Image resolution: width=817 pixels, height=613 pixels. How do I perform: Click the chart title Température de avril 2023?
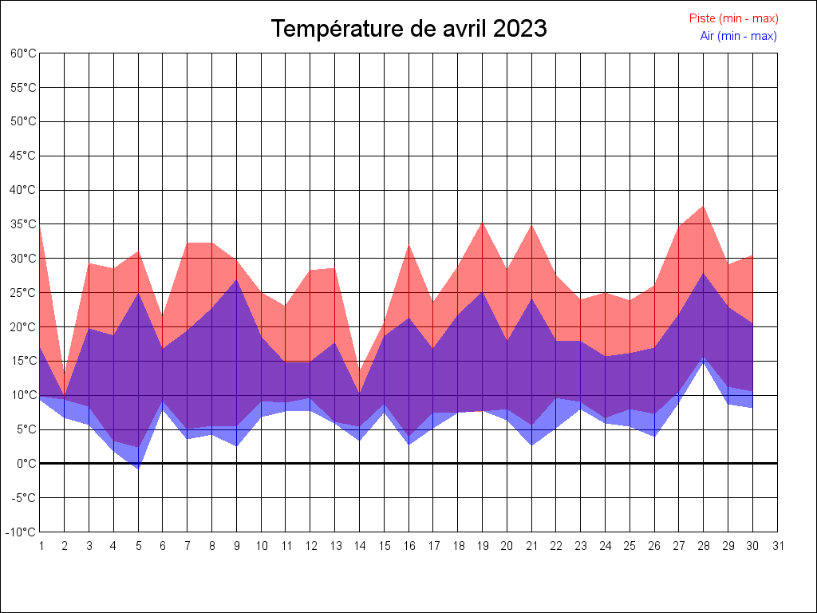408,29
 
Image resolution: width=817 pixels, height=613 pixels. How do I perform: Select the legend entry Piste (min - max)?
733,18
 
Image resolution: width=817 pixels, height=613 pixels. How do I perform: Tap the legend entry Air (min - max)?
738,36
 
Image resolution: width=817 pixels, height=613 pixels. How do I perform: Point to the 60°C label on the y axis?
23,53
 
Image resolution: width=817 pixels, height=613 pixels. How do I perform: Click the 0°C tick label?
26,464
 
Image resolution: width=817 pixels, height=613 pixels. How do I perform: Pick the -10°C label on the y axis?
22,532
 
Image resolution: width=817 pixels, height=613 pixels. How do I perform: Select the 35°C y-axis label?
23,224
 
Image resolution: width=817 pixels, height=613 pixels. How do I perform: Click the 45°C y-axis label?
23,156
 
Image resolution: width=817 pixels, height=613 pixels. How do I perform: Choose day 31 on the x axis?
778,546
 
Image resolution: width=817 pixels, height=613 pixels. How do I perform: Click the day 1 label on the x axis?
40,546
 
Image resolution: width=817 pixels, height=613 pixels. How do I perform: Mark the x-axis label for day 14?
360,546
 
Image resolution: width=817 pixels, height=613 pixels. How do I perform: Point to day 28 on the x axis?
704,546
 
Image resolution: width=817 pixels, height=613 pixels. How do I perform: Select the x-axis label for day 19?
483,546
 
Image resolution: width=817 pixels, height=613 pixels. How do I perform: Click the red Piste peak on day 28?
704,206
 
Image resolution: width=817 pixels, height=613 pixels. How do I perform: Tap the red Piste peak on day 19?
483,222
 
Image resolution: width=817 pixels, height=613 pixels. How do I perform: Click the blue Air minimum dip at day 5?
138,469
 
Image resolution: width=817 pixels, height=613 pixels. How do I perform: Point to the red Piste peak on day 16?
409,244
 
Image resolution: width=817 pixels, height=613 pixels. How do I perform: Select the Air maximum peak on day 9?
237,279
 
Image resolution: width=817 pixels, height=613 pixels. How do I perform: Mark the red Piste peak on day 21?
532,224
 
